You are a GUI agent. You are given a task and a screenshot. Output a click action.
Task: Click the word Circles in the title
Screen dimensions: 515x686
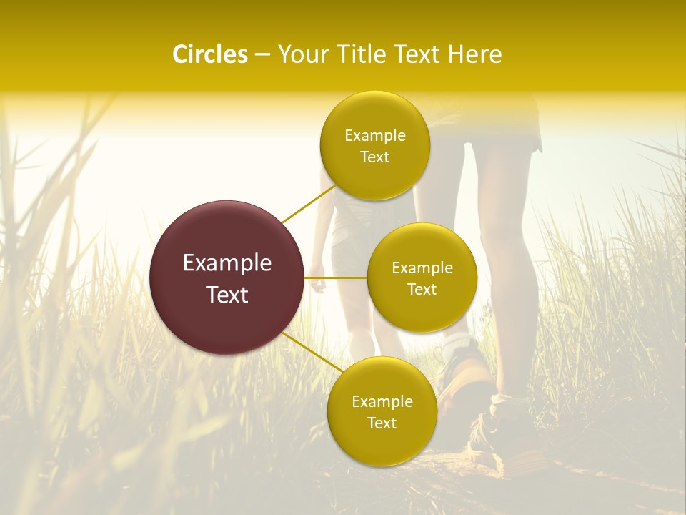(x=209, y=54)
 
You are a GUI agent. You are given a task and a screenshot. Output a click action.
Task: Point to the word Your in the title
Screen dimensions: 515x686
(x=302, y=54)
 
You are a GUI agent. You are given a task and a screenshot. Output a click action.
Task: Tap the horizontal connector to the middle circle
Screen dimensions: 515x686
(x=335, y=278)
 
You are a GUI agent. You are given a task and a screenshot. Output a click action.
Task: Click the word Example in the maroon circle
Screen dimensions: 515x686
(x=227, y=263)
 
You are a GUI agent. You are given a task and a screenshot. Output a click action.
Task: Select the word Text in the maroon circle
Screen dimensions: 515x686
(x=227, y=295)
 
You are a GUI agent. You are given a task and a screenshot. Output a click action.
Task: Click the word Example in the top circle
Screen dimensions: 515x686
(x=374, y=136)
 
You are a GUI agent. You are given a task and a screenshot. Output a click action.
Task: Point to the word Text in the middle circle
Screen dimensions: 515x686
(x=422, y=290)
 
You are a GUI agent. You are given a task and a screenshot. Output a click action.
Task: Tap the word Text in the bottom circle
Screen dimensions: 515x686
(x=382, y=423)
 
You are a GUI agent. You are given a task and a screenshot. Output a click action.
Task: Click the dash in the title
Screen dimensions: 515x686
(x=262, y=54)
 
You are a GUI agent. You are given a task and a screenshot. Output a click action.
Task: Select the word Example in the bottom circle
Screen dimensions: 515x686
(x=382, y=402)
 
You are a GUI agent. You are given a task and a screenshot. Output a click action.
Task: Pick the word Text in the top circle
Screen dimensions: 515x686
(x=374, y=157)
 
